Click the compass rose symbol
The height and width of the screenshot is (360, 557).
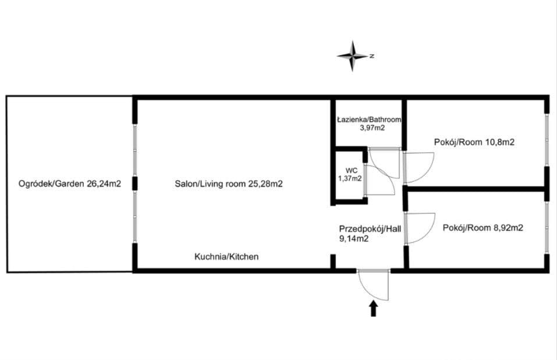(352, 56)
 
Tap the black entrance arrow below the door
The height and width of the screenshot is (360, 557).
(373, 309)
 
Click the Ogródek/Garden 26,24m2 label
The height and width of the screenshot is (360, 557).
(70, 183)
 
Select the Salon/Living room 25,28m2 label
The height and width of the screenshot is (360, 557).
(229, 183)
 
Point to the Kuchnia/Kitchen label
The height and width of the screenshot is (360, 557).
(226, 256)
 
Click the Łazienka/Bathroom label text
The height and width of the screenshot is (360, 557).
(369, 120)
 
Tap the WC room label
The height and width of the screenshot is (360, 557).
(352, 171)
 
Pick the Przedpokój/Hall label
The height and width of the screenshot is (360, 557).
(370, 229)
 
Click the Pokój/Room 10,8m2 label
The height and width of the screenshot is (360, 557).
(474, 142)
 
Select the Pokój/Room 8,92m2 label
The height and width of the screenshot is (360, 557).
(483, 227)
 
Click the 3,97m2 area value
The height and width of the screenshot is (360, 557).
(372, 128)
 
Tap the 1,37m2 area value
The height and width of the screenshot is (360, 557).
(350, 178)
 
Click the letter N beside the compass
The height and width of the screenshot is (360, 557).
(371, 56)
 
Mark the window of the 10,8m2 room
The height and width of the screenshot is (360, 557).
(547, 140)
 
